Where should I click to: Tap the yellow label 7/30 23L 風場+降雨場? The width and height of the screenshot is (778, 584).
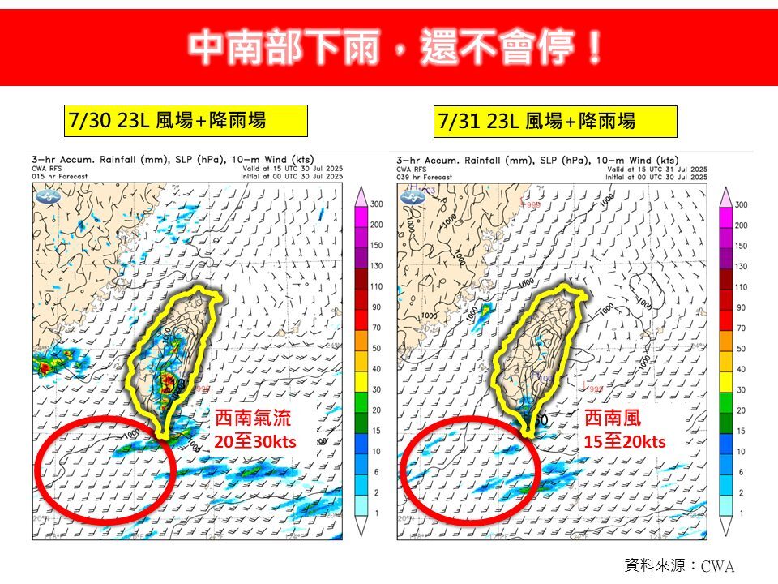[x=186, y=122]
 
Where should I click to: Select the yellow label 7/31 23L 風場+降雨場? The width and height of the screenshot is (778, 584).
[x=556, y=122]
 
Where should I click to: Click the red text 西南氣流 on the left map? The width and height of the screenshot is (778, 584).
[x=253, y=419]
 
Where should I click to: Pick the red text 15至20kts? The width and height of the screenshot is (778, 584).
[x=625, y=441]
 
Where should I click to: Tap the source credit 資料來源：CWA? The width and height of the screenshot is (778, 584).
[x=679, y=565]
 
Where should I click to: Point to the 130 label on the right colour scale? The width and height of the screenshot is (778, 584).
[x=741, y=267]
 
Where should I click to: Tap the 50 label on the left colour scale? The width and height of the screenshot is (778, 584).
[x=377, y=349]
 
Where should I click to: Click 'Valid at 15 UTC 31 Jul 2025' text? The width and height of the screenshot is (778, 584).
[x=659, y=169]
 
